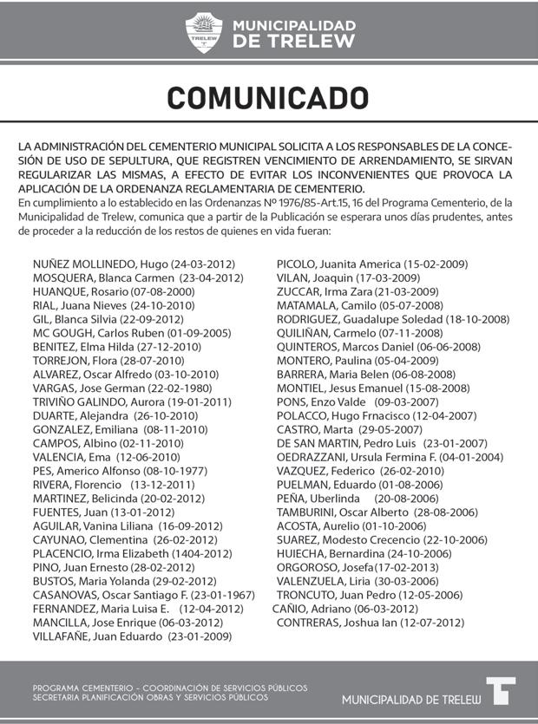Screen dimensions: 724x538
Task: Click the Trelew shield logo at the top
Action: [x=204, y=33]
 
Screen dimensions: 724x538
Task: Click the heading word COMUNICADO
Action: [x=268, y=98]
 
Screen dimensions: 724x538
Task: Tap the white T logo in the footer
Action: [x=501, y=691]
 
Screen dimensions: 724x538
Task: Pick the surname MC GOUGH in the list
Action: [x=61, y=333]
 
